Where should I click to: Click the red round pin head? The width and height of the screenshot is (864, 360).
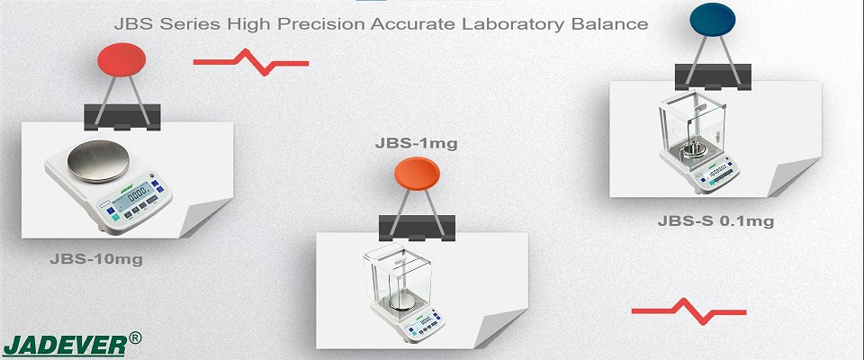[121, 59]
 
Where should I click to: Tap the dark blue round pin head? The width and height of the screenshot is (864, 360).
[713, 20]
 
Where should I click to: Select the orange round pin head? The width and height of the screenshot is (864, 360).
[417, 174]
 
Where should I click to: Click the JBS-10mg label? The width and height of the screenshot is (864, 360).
[96, 259]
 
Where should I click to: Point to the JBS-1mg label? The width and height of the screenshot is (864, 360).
[416, 143]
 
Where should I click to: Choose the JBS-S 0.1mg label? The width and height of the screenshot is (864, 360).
[715, 221]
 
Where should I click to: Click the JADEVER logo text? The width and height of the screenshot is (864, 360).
[65, 346]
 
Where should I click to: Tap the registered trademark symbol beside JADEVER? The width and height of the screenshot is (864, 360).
[134, 337]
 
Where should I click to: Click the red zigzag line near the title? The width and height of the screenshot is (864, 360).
[251, 62]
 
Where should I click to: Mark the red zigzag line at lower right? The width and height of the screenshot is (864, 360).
[688, 311]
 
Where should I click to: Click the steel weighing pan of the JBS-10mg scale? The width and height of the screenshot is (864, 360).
[98, 161]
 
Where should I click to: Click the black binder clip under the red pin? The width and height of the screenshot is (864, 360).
[122, 117]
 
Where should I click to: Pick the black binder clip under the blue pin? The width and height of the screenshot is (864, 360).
[713, 77]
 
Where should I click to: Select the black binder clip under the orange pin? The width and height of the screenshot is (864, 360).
[417, 229]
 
